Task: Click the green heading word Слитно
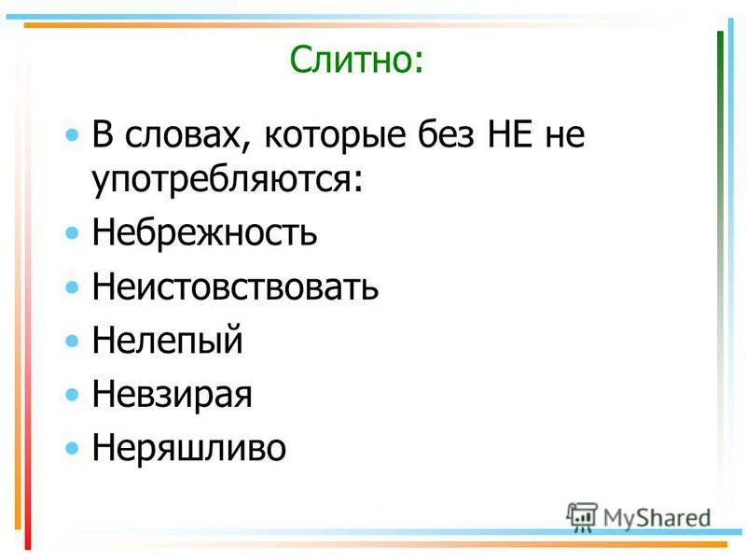click(355, 62)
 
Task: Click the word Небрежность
click(204, 232)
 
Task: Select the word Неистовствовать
click(235, 287)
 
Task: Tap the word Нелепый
click(168, 341)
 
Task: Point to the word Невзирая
click(173, 395)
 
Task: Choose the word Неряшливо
click(188, 449)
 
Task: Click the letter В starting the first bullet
click(102, 138)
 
